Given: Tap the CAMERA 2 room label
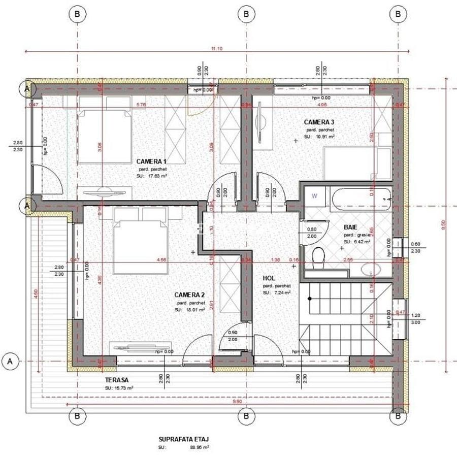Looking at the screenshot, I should click(189, 295).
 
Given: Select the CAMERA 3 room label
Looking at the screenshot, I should click(319, 122).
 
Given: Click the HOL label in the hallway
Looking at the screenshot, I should click(269, 278).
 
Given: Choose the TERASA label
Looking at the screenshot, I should click(116, 380).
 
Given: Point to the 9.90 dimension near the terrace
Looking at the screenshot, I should click(237, 402).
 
